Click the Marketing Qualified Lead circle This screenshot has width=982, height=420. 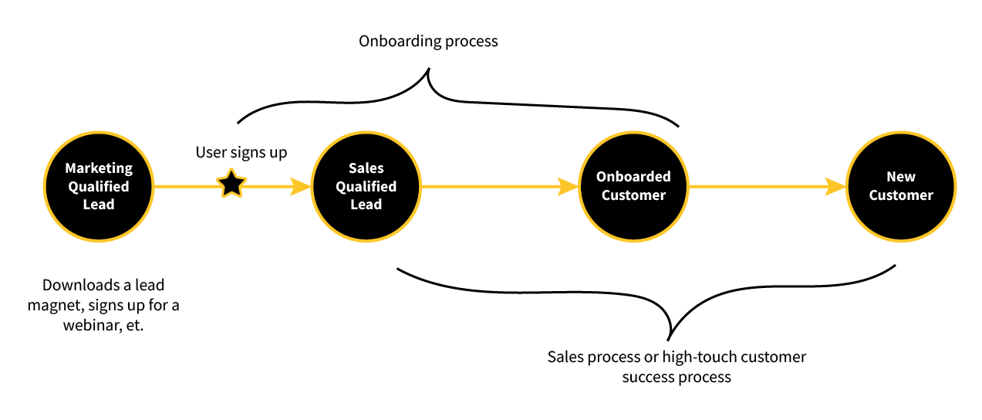pyautogui.click(x=99, y=186)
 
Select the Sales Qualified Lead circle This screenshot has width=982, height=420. pyautogui.click(x=366, y=186)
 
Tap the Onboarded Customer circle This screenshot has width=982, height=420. pyautogui.click(x=633, y=186)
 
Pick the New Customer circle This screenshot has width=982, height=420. pyautogui.click(x=901, y=186)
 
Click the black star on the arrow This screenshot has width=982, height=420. pyautogui.click(x=231, y=185)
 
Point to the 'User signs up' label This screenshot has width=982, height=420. pyautogui.click(x=241, y=152)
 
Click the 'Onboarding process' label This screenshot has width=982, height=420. pyautogui.click(x=428, y=41)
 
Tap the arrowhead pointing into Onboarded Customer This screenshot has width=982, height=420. pyautogui.click(x=569, y=186)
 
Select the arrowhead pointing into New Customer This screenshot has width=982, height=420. pyautogui.click(x=836, y=186)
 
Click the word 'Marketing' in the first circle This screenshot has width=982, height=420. pyautogui.click(x=99, y=168)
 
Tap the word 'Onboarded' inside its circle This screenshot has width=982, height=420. pyautogui.click(x=633, y=177)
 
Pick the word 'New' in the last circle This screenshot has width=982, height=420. pyautogui.click(x=901, y=177)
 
